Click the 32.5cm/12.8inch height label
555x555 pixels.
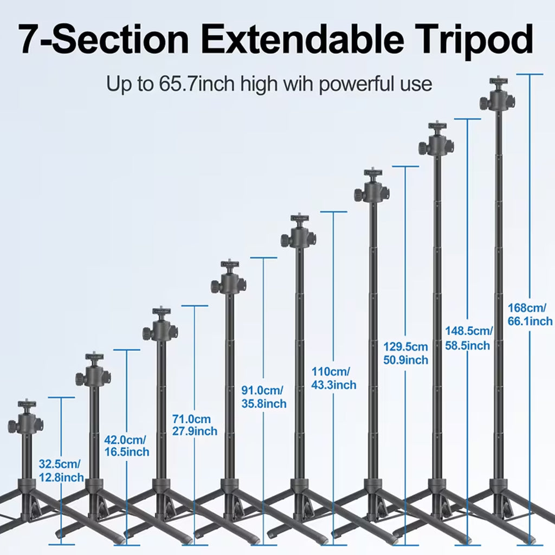point(61,470)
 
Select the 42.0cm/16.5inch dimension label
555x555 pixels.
point(126,445)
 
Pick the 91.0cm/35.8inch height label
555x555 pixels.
point(263,397)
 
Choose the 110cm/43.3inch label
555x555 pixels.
point(333,378)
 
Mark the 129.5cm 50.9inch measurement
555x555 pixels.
point(405,353)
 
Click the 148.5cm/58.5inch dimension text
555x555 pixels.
point(468,338)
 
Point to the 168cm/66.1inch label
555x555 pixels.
point(530,314)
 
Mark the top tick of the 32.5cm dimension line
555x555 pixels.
point(61,397)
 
